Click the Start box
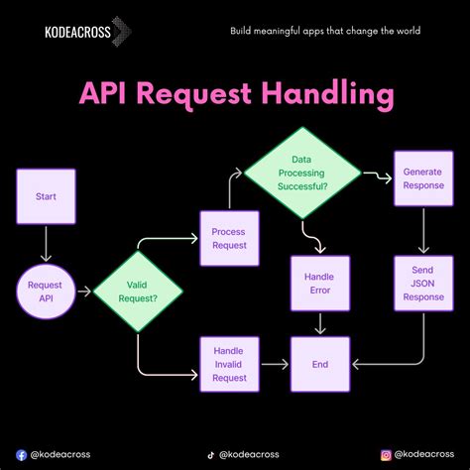pyautogui.click(x=46, y=196)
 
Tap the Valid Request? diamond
pyautogui.click(x=138, y=292)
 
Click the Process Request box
pyautogui.click(x=229, y=238)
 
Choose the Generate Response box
pyautogui.click(x=423, y=178)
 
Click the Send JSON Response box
pyautogui.click(x=423, y=283)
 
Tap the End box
pyautogui.click(x=320, y=364)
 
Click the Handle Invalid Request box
pyautogui.click(x=229, y=364)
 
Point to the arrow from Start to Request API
pyautogui.click(x=46, y=243)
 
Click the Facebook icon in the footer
pyautogui.click(x=22, y=454)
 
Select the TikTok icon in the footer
pyautogui.click(x=210, y=454)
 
